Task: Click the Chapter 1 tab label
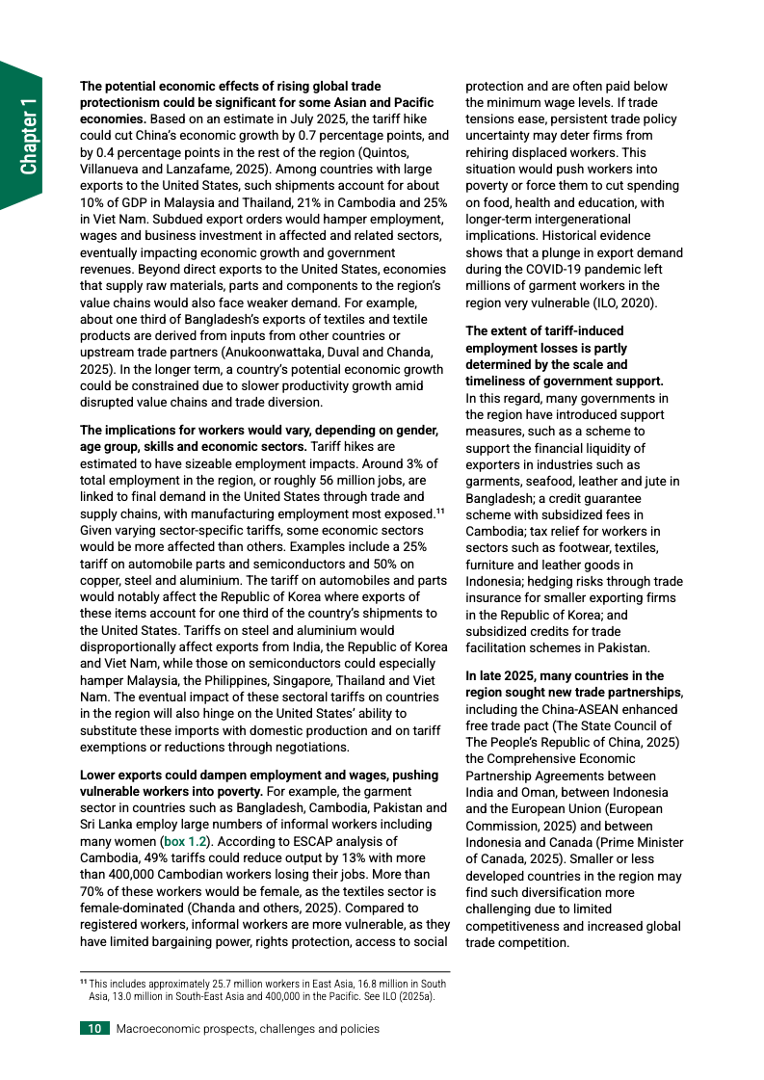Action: (29, 136)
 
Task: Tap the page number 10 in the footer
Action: (95, 1029)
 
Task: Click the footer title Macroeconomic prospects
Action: (248, 1029)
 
